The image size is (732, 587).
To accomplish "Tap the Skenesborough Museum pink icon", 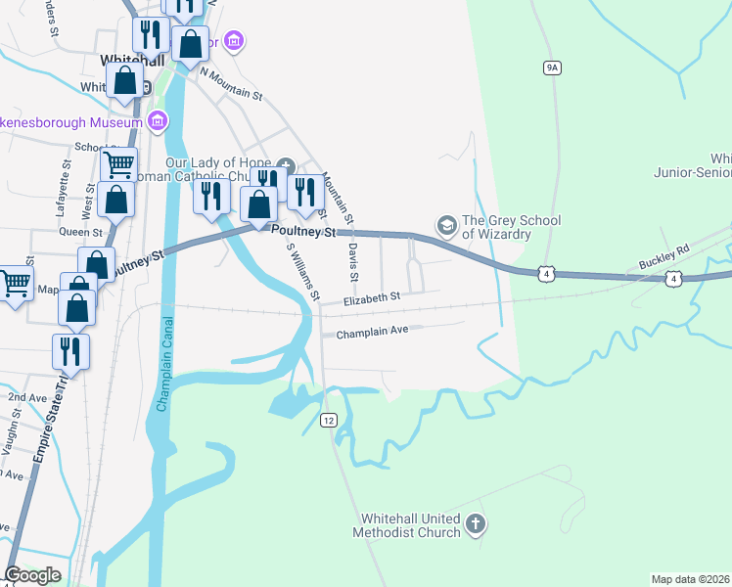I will coord(158,120).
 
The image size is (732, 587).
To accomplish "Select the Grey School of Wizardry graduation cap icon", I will coord(447,226).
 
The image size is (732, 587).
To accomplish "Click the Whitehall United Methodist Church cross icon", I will coord(475,524).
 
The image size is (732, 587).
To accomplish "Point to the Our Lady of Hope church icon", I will coord(286,163).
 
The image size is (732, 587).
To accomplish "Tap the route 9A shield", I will coord(553,67).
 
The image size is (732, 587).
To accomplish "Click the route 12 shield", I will coord(329,419).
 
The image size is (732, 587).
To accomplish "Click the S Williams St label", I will coord(302,271).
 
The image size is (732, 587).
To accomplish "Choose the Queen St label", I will coord(81,233).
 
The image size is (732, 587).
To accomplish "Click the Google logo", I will coord(32,575).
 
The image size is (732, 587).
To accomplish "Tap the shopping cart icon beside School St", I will coord(118,163).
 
